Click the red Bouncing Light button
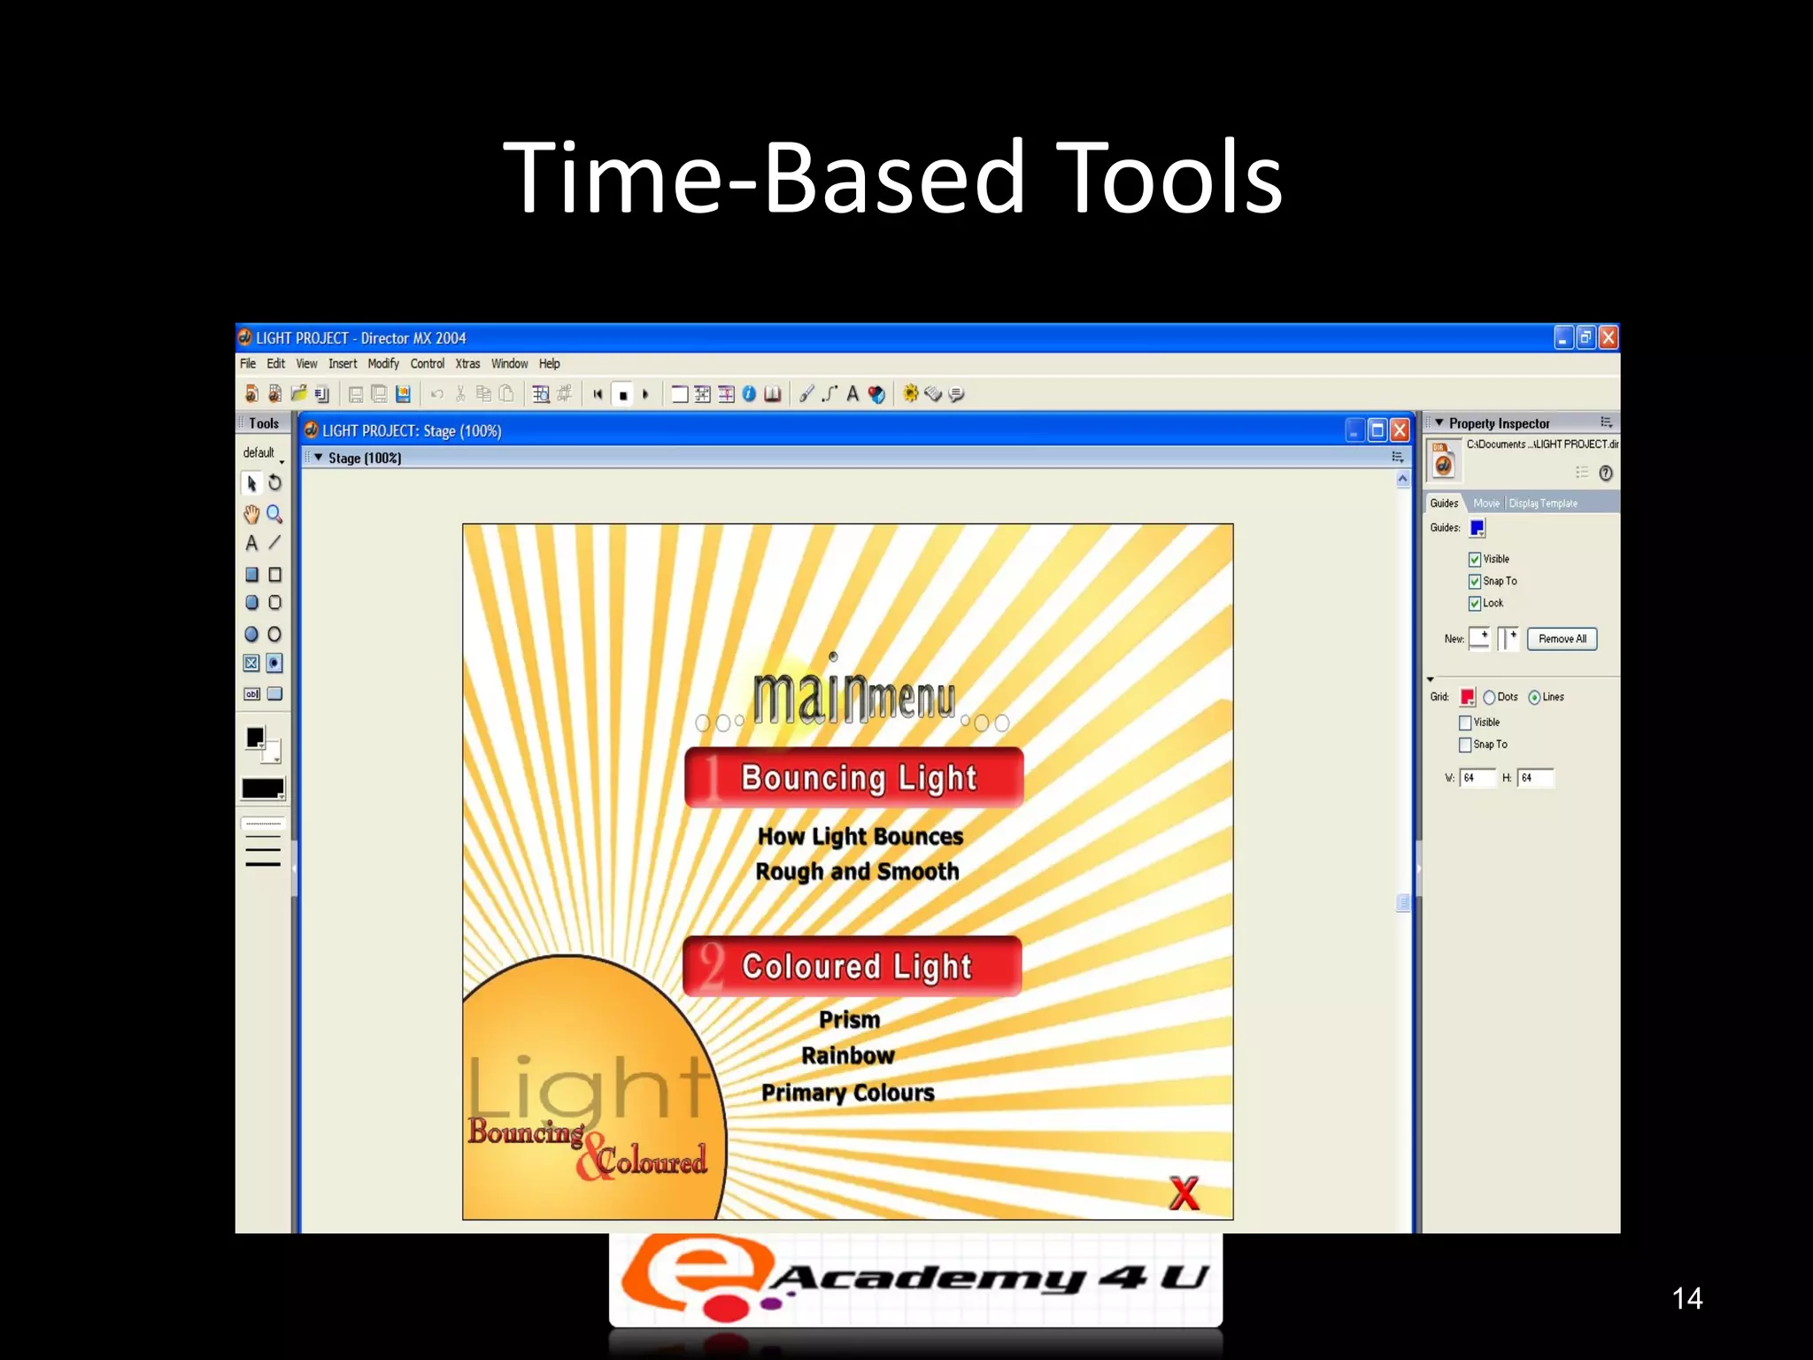click(x=854, y=777)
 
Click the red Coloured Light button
click(x=852, y=966)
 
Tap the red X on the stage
click(x=1184, y=1193)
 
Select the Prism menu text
click(x=849, y=1020)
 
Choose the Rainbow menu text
click(x=848, y=1055)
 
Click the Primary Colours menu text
click(x=848, y=1093)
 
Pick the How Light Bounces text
click(x=860, y=836)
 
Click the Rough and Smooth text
click(x=857, y=871)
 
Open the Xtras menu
click(x=467, y=364)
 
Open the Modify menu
click(x=383, y=364)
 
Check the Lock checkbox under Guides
click(x=1475, y=604)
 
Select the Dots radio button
click(x=1489, y=698)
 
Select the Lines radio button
click(x=1534, y=698)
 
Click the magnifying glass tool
click(x=274, y=514)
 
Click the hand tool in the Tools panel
click(x=251, y=514)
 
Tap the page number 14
click(x=1686, y=1298)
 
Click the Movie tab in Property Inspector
click(x=1486, y=503)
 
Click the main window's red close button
click(x=1609, y=337)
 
